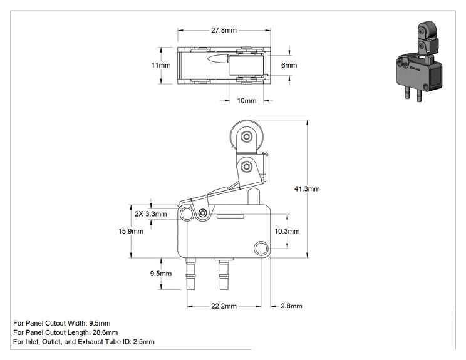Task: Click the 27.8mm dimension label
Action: tap(224, 30)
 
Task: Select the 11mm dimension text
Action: tap(161, 65)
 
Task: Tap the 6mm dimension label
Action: tap(289, 65)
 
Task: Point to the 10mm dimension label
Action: tap(247, 101)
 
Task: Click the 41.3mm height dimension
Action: tap(307, 189)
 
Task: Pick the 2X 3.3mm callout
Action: tap(151, 214)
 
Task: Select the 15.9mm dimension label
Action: tap(131, 231)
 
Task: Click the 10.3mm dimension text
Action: tap(287, 231)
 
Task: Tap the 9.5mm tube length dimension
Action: tap(161, 274)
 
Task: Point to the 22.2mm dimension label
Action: tap(224, 306)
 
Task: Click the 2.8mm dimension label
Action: tap(291, 306)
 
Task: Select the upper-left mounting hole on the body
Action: tap(187, 214)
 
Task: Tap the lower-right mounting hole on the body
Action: tap(261, 248)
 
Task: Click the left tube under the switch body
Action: tap(190, 274)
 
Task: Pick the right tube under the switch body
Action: tap(224, 274)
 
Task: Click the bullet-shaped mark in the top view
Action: tap(218, 59)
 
